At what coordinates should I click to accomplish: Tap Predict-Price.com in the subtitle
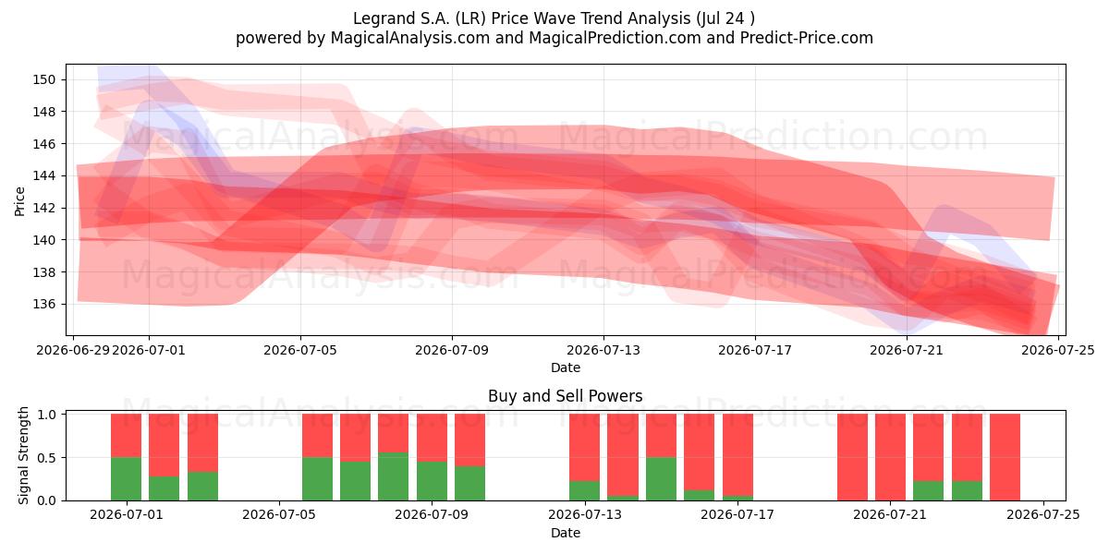point(807,38)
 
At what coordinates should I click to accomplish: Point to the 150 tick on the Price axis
point(44,79)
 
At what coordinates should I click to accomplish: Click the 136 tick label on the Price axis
point(44,304)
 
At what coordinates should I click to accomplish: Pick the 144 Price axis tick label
point(44,176)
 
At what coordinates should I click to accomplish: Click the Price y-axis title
point(19,201)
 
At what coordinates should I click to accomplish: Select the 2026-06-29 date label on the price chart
point(73,350)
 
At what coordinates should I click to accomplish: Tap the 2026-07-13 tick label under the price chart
point(603,350)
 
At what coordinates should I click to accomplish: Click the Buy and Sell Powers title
point(565,396)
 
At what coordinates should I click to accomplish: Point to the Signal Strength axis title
point(23,455)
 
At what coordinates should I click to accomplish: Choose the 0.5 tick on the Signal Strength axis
point(46,458)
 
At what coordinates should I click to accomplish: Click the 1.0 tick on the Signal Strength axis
point(46,414)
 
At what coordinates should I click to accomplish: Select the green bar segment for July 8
point(394,476)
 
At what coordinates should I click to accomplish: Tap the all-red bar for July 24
point(1005,457)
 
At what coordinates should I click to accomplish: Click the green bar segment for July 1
point(127,479)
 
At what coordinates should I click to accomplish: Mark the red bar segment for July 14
point(623,454)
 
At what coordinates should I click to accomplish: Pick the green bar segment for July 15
point(662,479)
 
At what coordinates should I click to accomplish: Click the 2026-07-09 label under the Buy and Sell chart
point(432,515)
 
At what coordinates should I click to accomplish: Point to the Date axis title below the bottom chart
point(566,533)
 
